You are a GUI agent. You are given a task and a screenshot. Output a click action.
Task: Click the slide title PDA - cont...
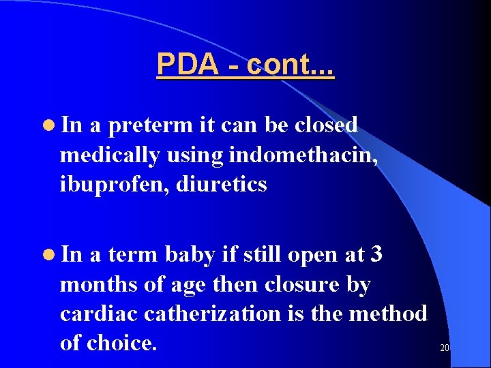coord(245,65)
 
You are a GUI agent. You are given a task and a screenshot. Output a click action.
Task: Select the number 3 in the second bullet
coord(376,255)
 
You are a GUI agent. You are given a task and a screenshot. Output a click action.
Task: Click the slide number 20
coord(445,348)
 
